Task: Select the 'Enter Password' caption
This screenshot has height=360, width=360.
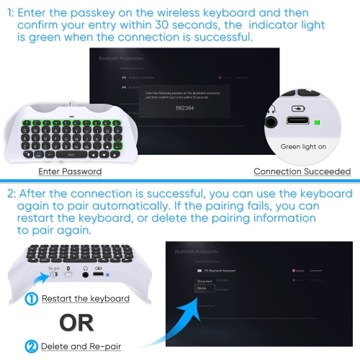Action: click(70, 171)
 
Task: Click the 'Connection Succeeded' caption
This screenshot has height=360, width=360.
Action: click(302, 171)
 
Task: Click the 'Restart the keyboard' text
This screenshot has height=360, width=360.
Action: click(85, 299)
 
